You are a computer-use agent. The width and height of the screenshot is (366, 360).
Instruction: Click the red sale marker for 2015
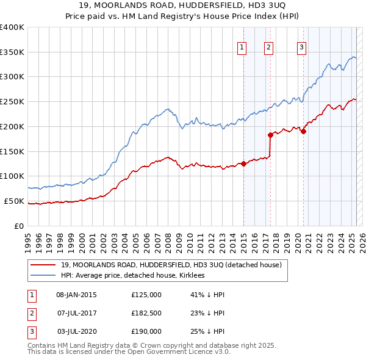(243, 163)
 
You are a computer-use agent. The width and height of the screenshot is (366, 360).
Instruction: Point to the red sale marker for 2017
(270, 135)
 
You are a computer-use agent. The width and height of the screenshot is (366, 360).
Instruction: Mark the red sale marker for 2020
(303, 131)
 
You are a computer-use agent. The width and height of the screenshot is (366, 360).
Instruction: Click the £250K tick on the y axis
(12, 101)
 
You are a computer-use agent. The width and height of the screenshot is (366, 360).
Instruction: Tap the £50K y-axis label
(14, 201)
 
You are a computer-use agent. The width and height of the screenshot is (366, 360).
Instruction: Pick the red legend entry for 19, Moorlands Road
(171, 265)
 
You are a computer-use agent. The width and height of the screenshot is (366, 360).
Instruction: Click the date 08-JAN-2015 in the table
(76, 295)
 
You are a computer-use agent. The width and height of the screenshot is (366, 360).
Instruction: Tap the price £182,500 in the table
(146, 313)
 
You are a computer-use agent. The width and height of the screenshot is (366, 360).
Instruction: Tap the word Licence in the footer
(198, 353)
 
